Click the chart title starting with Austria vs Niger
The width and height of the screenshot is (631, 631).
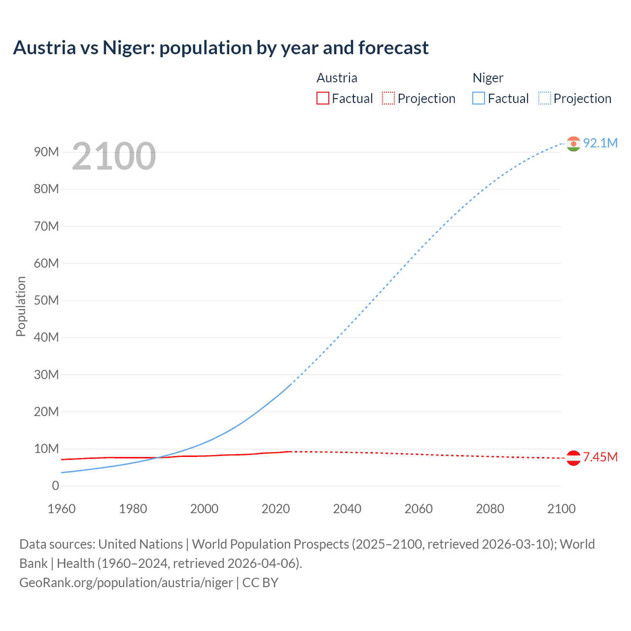220,48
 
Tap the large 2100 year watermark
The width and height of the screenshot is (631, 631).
114,156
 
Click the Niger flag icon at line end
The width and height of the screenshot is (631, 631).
573,144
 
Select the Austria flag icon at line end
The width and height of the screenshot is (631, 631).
573,458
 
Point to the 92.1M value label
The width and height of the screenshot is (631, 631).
600,143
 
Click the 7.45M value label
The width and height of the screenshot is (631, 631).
600,457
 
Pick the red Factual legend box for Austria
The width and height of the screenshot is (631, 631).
323,99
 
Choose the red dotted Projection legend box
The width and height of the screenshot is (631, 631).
388,99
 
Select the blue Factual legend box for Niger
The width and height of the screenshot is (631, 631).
479,99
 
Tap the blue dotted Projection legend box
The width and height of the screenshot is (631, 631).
545,99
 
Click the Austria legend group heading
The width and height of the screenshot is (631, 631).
337,78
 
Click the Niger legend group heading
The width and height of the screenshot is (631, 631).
488,78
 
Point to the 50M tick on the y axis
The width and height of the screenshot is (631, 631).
46,300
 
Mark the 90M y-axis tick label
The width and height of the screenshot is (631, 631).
46,152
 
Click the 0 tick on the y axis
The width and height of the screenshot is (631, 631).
55,486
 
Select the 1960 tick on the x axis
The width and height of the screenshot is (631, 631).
62,509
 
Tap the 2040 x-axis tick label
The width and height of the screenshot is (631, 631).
347,509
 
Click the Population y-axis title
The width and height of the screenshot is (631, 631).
21,306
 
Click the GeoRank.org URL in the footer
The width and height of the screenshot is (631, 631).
126,583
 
